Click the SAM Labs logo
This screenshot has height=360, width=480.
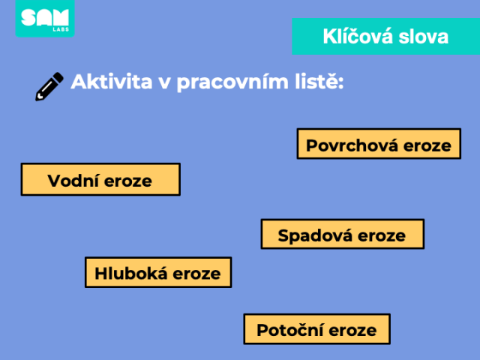point(45,18)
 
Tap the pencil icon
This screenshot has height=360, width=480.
point(49,87)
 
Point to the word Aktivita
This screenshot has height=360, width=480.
point(112,82)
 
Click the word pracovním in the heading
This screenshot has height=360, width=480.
point(232,82)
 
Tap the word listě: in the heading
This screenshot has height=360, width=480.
point(319,82)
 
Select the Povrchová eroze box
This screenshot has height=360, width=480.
point(379,144)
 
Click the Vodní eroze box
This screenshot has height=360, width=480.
point(100,179)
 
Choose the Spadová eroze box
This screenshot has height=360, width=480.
point(343,234)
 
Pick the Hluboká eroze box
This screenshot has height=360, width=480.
point(158,272)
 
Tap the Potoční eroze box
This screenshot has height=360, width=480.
point(316,329)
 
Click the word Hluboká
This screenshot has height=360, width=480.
point(131,273)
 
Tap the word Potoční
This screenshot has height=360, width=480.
point(290,330)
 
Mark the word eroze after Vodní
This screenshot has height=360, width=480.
point(128,181)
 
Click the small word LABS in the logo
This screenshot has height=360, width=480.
point(61,29)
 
